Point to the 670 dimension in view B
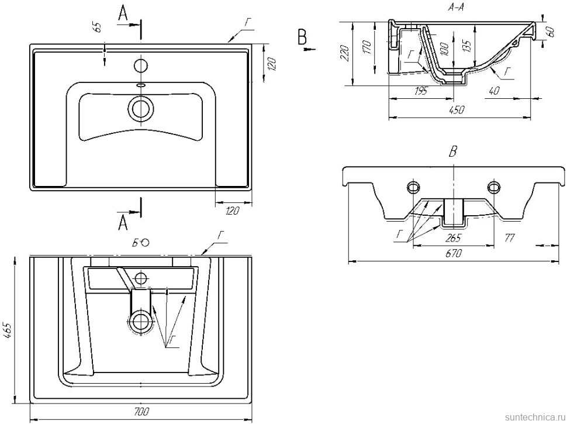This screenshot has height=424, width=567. click(x=453, y=254)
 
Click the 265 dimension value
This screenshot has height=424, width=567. click(x=453, y=237)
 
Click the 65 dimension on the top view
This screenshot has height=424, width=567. click(x=97, y=27)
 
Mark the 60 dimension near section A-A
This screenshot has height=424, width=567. click(x=551, y=32)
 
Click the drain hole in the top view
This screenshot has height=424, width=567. click(x=140, y=109)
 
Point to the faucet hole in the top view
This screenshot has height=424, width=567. click(x=140, y=64)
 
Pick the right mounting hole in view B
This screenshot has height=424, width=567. click(x=495, y=187)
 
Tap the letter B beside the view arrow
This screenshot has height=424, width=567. click(x=302, y=37)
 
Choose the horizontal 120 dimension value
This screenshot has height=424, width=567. click(x=233, y=211)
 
